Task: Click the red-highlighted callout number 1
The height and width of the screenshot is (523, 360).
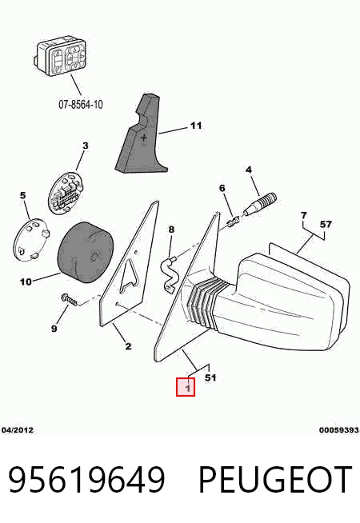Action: [186, 387]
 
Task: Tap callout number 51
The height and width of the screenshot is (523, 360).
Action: [210, 377]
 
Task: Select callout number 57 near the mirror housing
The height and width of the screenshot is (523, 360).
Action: [326, 224]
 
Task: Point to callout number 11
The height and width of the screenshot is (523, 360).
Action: [196, 126]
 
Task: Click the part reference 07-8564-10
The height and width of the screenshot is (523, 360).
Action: [81, 105]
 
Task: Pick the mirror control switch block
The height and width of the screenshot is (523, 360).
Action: [60, 58]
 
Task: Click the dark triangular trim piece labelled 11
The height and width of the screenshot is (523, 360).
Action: [141, 134]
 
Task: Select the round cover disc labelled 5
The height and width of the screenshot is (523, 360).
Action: [30, 239]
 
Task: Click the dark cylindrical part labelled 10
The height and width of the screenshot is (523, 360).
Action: [86, 253]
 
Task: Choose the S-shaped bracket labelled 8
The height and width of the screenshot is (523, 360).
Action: [170, 273]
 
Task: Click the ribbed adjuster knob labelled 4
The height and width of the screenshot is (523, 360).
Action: [260, 203]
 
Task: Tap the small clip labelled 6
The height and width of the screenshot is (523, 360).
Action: [233, 222]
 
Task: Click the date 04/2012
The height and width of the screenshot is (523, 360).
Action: [18, 430]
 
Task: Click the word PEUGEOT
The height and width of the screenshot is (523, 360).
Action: [275, 480]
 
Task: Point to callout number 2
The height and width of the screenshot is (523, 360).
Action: [129, 346]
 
